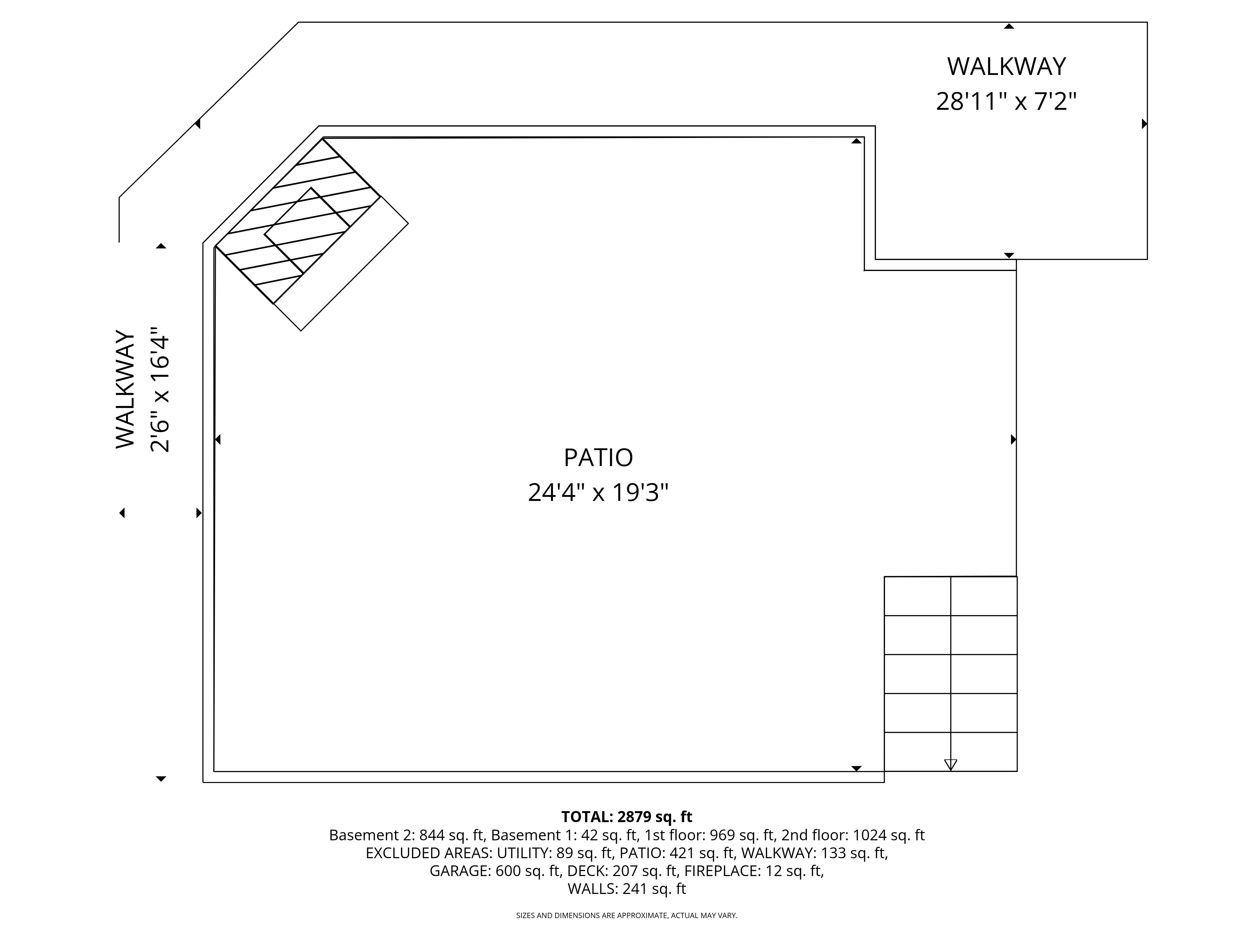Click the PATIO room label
click(x=598, y=458)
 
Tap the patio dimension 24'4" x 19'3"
click(x=598, y=492)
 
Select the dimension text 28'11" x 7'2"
click(x=1006, y=102)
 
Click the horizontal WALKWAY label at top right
click(x=1006, y=67)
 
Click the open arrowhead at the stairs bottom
click(x=951, y=765)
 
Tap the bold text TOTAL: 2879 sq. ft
click(x=626, y=817)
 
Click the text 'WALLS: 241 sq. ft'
click(x=626, y=889)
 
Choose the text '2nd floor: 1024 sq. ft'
click(x=853, y=835)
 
